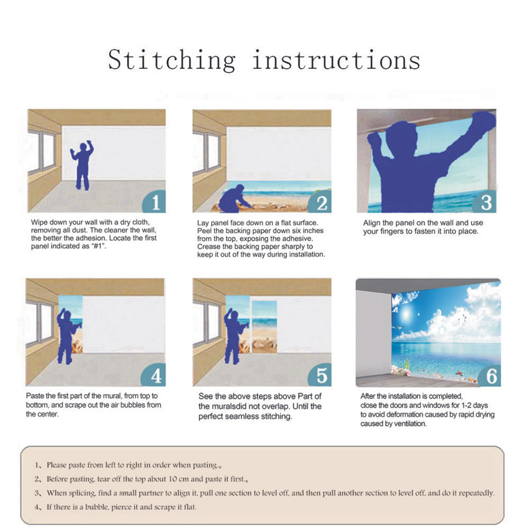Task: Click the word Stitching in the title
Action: point(172,60)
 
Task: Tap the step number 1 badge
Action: point(155,202)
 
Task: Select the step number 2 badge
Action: point(321,202)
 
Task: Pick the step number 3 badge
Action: point(485,202)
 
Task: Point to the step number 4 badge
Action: point(154,375)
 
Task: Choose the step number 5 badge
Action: point(320,375)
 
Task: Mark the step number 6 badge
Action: point(489,375)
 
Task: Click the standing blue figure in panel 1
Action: point(82,165)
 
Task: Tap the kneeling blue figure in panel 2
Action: point(234,199)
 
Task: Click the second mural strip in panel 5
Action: point(264,327)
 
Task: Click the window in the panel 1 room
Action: point(42,152)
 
